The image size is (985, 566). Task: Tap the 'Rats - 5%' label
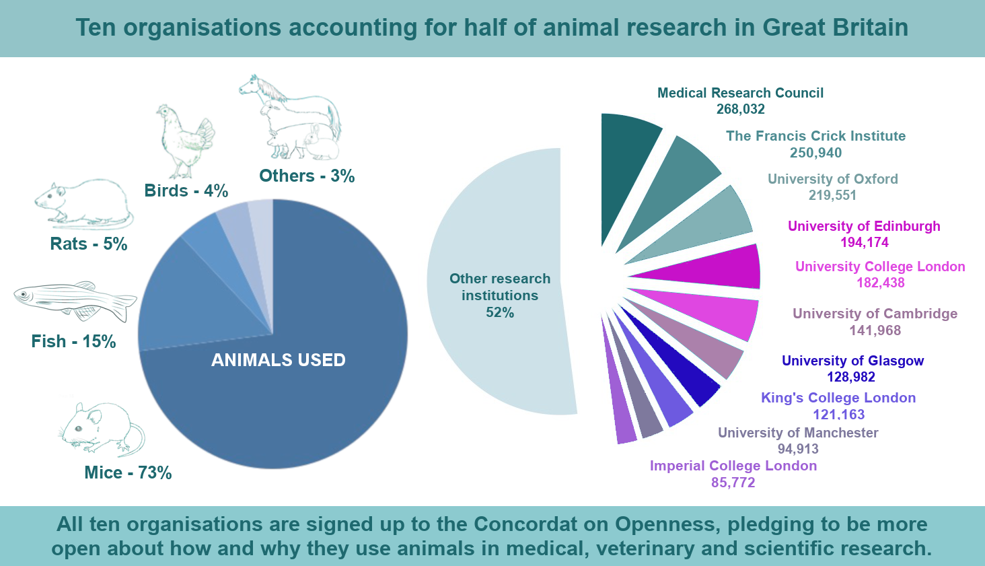tap(88, 244)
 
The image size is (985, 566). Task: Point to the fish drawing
tap(74, 300)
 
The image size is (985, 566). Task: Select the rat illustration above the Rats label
tap(84, 202)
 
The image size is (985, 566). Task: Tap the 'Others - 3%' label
tap(307, 176)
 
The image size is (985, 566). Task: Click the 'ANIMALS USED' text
tap(278, 360)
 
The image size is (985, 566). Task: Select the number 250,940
tap(815, 153)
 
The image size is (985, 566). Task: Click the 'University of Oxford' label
tap(832, 179)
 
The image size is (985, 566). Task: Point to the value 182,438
tap(880, 283)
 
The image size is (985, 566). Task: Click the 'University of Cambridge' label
tap(875, 314)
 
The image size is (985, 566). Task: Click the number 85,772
tap(733, 483)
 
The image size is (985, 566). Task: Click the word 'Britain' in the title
tap(871, 28)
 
